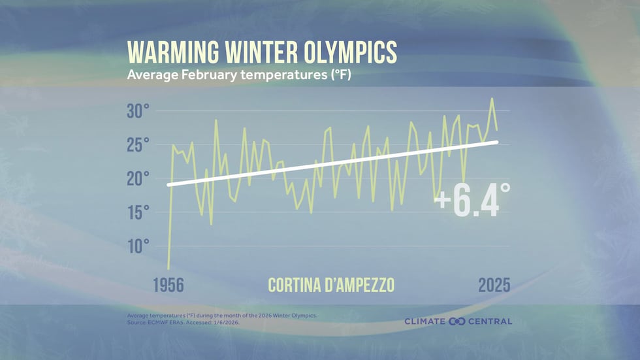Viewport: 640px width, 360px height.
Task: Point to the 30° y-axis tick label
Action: pyautogui.click(x=138, y=111)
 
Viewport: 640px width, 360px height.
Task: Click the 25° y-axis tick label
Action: pyautogui.click(x=138, y=145)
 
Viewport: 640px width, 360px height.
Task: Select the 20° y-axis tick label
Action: pyautogui.click(x=138, y=178)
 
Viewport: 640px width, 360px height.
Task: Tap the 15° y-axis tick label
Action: pyautogui.click(x=138, y=212)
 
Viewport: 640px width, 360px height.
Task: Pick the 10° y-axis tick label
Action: pyautogui.click(x=138, y=246)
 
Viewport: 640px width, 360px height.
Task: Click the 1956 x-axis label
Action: pyautogui.click(x=168, y=286)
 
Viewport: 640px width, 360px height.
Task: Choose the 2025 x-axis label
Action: pyautogui.click(x=494, y=286)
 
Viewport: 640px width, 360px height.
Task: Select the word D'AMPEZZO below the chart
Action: pyautogui.click(x=363, y=286)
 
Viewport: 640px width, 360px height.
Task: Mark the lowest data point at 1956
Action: pyautogui.click(x=168, y=269)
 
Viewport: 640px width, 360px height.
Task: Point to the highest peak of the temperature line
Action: pyautogui.click(x=492, y=99)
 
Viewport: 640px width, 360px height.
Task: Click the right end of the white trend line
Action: pyautogui.click(x=498, y=142)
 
